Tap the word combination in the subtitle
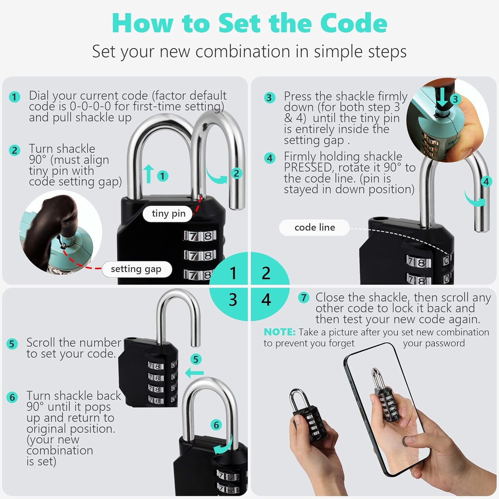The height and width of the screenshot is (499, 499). click(x=243, y=52)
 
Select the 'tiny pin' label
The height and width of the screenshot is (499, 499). click(x=169, y=214)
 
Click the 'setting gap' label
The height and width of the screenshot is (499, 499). click(x=136, y=269)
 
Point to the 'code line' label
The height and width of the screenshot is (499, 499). click(x=315, y=228)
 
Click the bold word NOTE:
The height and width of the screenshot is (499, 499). click(x=279, y=332)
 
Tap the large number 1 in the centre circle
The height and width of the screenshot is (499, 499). click(x=233, y=273)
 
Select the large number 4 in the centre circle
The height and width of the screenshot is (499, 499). click(x=266, y=300)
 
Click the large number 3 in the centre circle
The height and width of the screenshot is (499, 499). click(x=233, y=300)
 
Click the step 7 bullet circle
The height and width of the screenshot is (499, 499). click(x=304, y=298)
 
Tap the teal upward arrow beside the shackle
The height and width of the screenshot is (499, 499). click(x=148, y=174)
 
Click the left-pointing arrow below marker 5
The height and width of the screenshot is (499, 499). click(x=194, y=373)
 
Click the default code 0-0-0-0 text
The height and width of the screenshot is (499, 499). click(x=90, y=106)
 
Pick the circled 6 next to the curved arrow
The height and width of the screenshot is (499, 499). click(x=216, y=425)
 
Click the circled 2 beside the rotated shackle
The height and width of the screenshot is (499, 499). click(x=236, y=173)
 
